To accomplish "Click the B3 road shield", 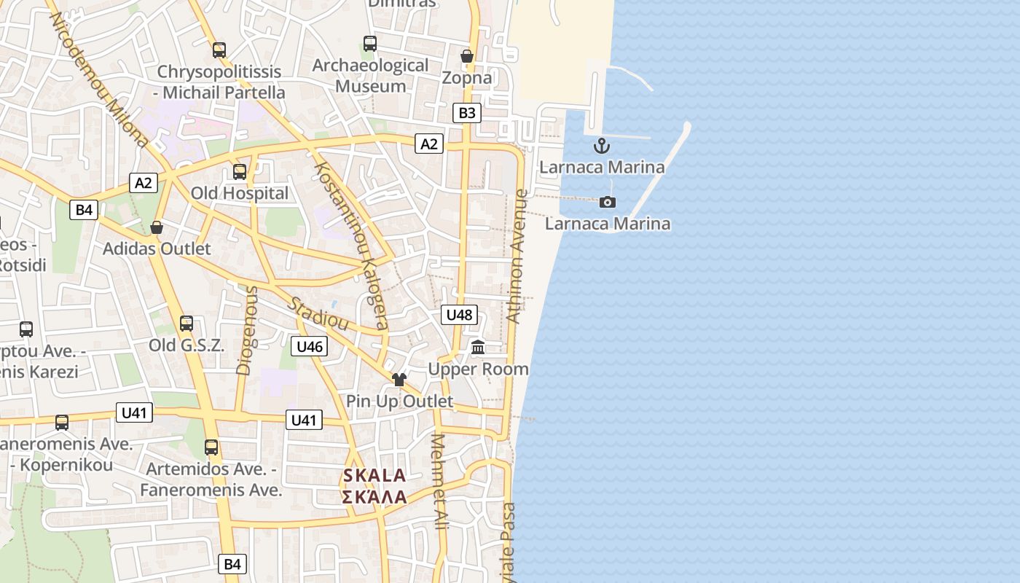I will click(466, 113).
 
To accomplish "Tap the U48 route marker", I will click(459, 315).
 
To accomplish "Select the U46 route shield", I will click(309, 346).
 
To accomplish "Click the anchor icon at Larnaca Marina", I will click(601, 146).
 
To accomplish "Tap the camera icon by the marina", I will click(607, 202).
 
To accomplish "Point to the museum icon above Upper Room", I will click(478, 347).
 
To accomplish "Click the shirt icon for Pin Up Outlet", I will click(399, 380).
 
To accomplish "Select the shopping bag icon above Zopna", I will click(467, 56).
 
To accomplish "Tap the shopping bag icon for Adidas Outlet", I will click(157, 228).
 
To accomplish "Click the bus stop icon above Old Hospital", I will click(240, 172).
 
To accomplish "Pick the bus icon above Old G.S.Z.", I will click(187, 324).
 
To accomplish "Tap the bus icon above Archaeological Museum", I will click(370, 44).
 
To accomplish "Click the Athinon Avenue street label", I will click(517, 256).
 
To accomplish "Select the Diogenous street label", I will click(247, 330).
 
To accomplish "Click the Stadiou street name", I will click(318, 314).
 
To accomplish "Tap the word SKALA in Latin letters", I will click(374, 476).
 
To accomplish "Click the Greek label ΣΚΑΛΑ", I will click(374, 497).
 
